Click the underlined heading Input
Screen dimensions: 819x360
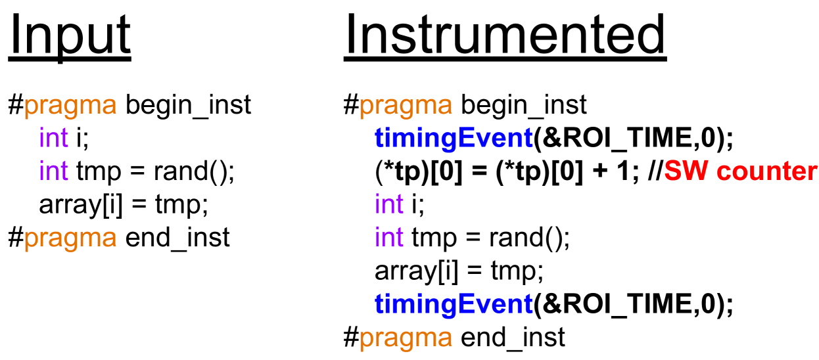click(x=70, y=37)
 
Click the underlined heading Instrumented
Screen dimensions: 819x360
click(x=505, y=36)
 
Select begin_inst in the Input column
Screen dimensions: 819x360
click(x=188, y=106)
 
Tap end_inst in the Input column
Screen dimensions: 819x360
click(x=177, y=238)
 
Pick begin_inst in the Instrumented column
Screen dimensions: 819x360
click(x=524, y=106)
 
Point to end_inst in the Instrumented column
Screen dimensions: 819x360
click(x=513, y=338)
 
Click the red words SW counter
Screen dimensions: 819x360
click(x=740, y=171)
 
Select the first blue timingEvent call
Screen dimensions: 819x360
click(x=454, y=139)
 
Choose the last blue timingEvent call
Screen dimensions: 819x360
click(x=454, y=304)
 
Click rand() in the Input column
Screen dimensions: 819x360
click(x=194, y=171)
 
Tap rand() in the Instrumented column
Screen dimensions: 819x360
click(x=529, y=238)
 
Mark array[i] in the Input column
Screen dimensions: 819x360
click(x=81, y=205)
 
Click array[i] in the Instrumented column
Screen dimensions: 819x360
click(x=417, y=271)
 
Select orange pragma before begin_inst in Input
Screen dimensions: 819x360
click(x=70, y=106)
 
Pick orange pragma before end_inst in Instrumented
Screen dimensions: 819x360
click(x=406, y=338)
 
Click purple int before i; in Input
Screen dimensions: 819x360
click(x=54, y=138)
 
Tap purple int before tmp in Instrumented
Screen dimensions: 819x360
click(x=389, y=237)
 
